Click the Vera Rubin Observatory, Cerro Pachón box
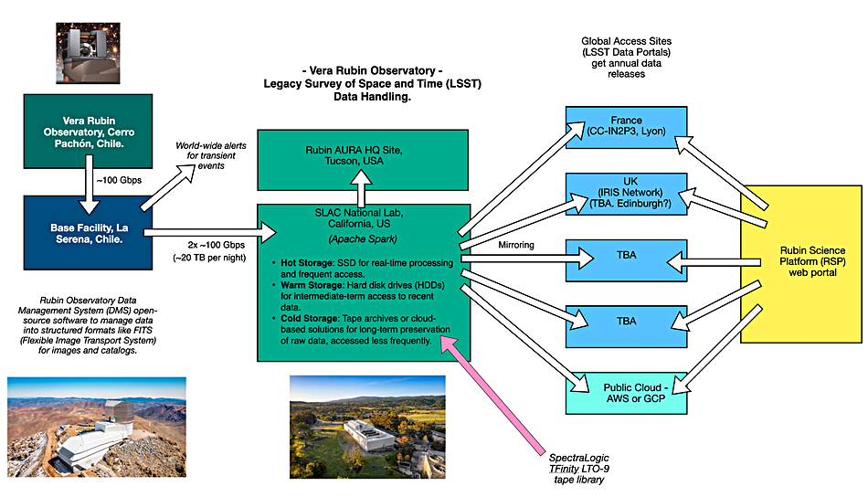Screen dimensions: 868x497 [88, 132]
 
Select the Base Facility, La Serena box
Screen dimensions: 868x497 [88, 232]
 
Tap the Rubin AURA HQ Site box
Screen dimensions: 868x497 [363, 160]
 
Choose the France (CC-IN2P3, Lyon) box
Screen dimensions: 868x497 [626, 127]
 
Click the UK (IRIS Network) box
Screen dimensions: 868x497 [626, 194]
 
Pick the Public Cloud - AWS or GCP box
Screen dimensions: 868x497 [626, 393]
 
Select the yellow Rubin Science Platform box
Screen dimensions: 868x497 [801, 264]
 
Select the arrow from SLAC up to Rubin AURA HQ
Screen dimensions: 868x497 [362, 189]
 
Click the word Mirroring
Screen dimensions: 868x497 [516, 245]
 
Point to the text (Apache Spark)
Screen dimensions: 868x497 [363, 239]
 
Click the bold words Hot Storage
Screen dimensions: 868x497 [307, 263]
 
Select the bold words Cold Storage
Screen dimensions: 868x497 [310, 318]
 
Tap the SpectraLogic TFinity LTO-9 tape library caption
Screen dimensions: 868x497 [579, 469]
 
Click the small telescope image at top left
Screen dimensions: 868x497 [88, 53]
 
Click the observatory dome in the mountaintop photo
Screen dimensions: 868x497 [119, 410]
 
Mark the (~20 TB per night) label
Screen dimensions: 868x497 [209, 258]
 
